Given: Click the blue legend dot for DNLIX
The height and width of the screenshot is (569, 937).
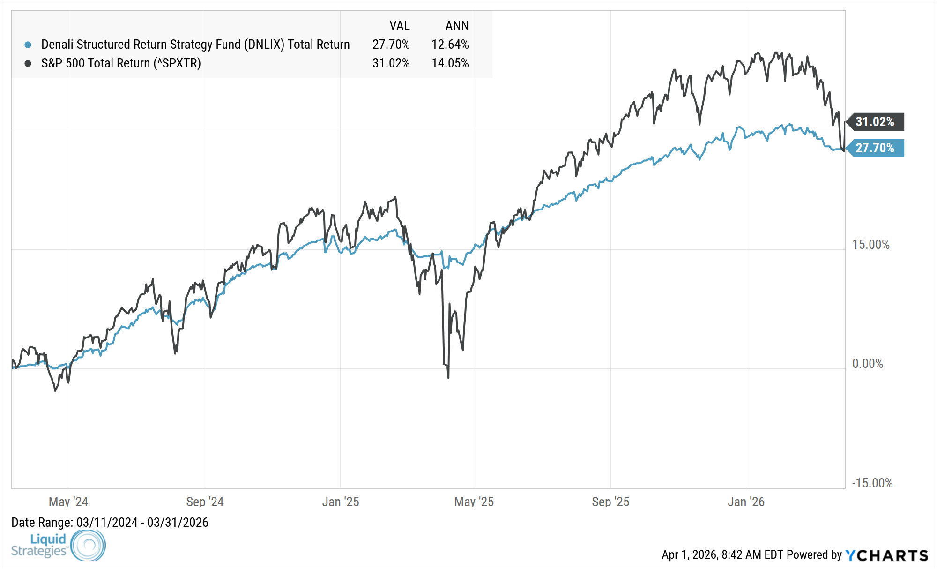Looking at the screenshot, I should tap(28, 45).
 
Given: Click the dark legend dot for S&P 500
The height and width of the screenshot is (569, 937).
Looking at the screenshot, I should tap(28, 63).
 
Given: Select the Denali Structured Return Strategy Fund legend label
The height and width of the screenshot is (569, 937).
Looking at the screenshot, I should tap(195, 45).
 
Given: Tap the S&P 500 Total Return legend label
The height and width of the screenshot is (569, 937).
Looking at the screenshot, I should tap(121, 63).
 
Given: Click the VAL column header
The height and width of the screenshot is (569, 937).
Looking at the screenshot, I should tap(399, 26).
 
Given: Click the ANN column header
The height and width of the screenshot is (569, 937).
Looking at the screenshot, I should tap(457, 26).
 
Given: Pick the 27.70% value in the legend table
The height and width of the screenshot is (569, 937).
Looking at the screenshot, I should tap(391, 45).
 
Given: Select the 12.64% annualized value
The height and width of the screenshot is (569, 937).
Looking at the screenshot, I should tap(450, 45).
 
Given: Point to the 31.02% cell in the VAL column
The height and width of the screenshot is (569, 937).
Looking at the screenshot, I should tap(391, 63).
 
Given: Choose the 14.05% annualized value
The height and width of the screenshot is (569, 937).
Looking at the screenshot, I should tap(450, 63).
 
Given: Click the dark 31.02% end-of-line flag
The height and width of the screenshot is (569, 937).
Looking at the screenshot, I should tap(875, 122).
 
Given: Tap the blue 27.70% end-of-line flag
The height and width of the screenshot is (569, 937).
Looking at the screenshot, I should tap(875, 148).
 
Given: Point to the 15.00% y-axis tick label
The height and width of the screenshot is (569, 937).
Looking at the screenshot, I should tap(870, 245).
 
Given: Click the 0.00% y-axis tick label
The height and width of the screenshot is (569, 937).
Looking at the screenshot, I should tap(867, 364).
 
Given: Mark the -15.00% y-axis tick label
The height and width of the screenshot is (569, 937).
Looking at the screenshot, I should tap(872, 483).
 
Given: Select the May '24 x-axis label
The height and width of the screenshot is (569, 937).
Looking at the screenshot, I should tap(68, 502).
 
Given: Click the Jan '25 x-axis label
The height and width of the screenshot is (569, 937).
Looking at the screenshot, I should tap(341, 502).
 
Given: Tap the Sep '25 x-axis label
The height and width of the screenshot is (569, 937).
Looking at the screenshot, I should tap(610, 502).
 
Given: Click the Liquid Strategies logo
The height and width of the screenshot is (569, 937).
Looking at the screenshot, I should tap(58, 545).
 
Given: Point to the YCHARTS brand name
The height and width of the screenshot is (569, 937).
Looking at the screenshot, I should tap(887, 555).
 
